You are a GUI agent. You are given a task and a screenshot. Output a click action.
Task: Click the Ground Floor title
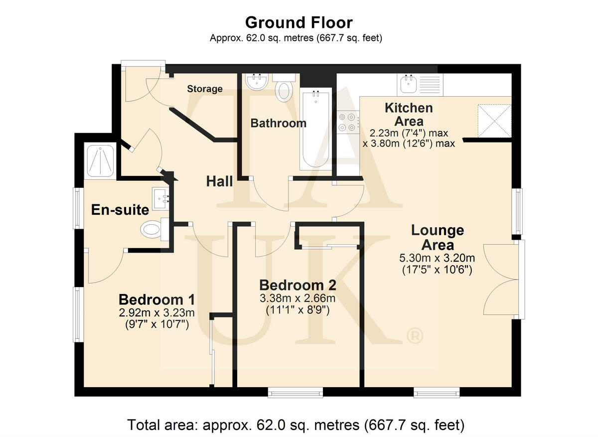[299, 23]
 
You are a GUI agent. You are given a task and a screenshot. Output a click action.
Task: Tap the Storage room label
[205, 89]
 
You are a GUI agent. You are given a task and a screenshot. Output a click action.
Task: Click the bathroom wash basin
[257, 81]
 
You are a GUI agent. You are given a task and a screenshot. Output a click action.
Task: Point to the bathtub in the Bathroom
[315, 129]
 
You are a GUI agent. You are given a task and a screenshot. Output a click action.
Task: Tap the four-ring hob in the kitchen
[348, 124]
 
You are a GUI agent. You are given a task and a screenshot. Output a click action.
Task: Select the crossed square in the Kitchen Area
[494, 121]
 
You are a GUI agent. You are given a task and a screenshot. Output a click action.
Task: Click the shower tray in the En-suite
[100, 161]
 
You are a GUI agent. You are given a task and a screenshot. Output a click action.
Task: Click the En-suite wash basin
[160, 199]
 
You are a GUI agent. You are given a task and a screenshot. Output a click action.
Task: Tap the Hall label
[219, 181]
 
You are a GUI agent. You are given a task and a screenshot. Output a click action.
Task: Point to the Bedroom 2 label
[298, 285]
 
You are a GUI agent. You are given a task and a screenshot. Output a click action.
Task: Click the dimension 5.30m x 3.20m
[437, 258]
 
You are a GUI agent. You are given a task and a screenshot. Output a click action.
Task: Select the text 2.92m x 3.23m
[156, 312]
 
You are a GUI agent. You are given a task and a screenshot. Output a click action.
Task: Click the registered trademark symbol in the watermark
[415, 335]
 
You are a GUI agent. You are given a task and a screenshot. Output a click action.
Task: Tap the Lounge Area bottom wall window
[437, 393]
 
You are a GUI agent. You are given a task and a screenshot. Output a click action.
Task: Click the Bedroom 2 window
[296, 393]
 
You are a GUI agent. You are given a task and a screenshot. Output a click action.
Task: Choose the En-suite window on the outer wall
[78, 208]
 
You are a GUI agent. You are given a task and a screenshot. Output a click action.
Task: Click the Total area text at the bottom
[296, 425]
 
